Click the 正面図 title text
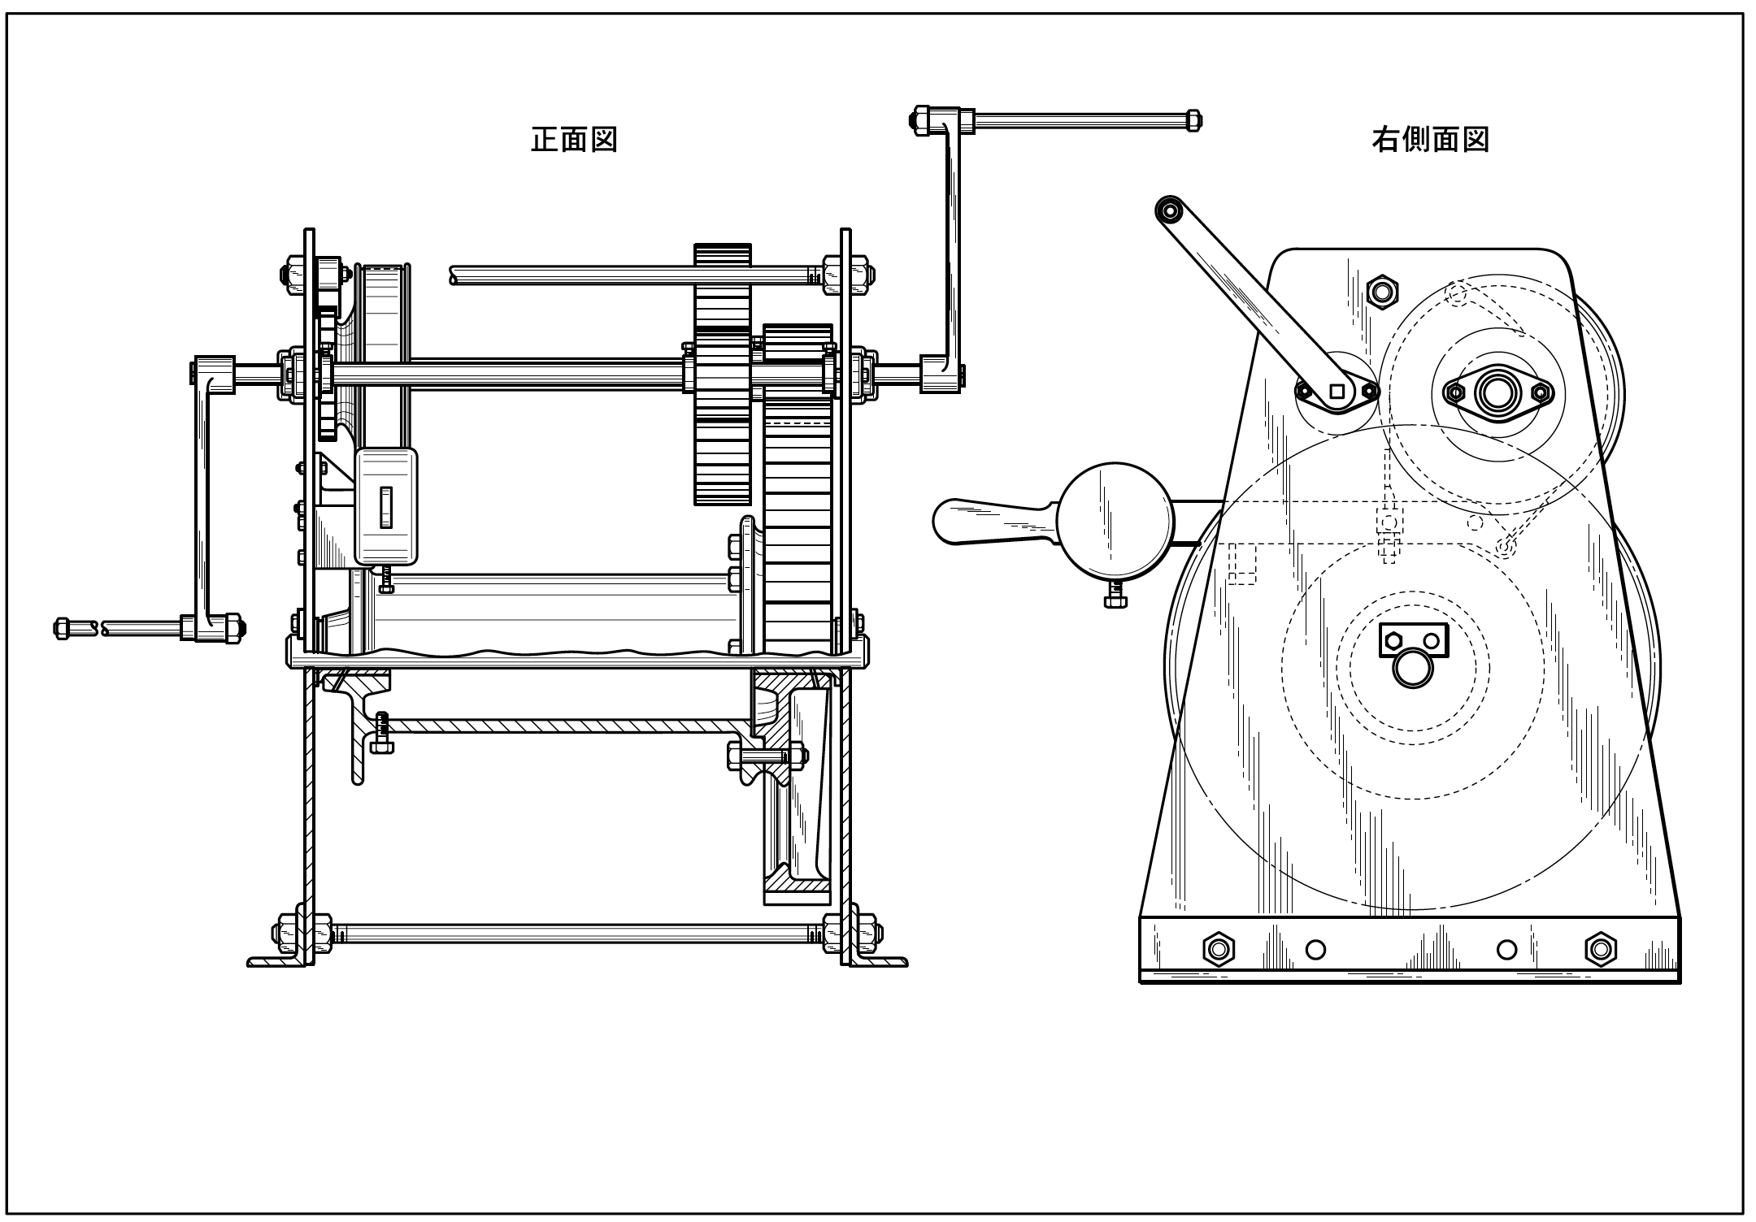574,140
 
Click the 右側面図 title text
1430,140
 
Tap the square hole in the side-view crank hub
1337,392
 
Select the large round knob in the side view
1116,520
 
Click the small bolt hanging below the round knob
1115,596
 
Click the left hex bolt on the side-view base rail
1218,949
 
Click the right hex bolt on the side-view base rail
1600,949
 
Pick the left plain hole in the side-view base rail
1315,949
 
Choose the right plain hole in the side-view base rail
1506,949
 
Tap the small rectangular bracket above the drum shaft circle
1414,640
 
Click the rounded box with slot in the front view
386,507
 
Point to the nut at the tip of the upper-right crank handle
1193,120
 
